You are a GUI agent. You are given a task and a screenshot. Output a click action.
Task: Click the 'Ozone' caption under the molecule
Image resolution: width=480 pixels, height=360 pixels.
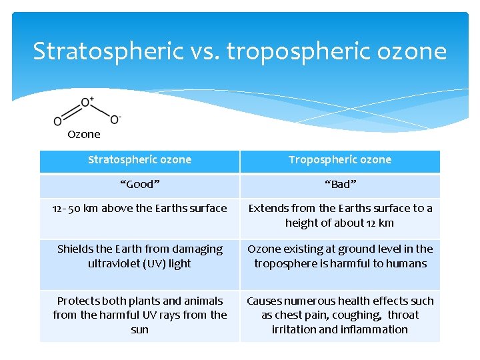(84, 134)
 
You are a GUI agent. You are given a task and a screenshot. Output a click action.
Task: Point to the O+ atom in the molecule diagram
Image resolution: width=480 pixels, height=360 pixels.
(87, 103)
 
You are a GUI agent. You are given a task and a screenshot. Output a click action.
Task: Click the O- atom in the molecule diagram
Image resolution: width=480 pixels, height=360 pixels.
(115, 120)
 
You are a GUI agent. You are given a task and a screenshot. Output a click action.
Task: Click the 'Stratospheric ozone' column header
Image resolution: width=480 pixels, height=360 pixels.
(140, 160)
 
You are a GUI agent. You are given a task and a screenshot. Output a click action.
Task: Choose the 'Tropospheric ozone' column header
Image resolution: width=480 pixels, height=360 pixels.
(340, 160)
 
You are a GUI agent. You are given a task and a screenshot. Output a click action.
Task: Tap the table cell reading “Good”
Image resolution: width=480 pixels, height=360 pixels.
(140, 185)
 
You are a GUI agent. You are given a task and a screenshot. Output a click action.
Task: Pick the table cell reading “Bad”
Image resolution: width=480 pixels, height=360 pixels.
(340, 185)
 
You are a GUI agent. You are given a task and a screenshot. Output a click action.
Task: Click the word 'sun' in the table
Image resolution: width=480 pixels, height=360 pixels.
(140, 330)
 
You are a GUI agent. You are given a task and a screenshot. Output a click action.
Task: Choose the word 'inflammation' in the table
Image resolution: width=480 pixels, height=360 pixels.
(375, 330)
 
